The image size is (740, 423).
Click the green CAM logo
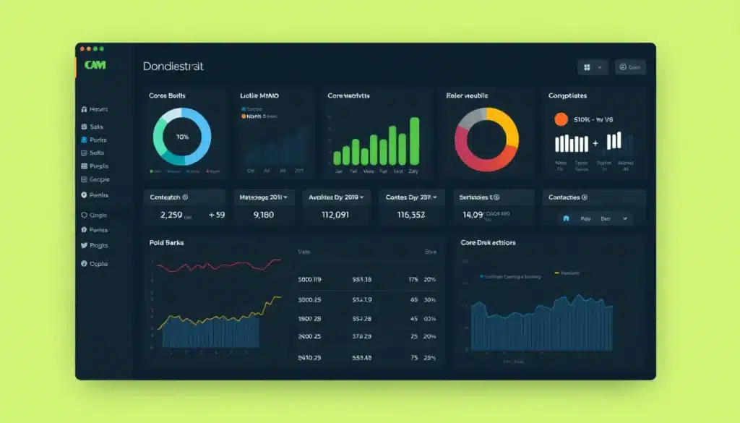(95, 66)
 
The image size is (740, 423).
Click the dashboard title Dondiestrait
(173, 67)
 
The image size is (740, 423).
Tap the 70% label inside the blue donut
(182, 137)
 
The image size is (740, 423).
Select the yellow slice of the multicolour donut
(506, 126)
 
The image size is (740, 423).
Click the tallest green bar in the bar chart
(414, 141)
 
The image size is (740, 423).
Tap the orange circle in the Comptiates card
(561, 119)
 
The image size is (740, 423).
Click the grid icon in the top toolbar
(587, 67)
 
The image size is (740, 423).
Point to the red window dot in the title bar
(82, 48)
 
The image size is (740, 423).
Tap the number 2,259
(171, 215)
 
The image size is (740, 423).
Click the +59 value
(217, 215)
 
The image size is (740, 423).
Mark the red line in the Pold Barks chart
(217, 265)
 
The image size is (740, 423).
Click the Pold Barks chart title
(166, 243)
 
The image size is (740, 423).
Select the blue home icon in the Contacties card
(566, 218)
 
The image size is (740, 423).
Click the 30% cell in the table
(429, 299)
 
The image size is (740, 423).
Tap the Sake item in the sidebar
(96, 127)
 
